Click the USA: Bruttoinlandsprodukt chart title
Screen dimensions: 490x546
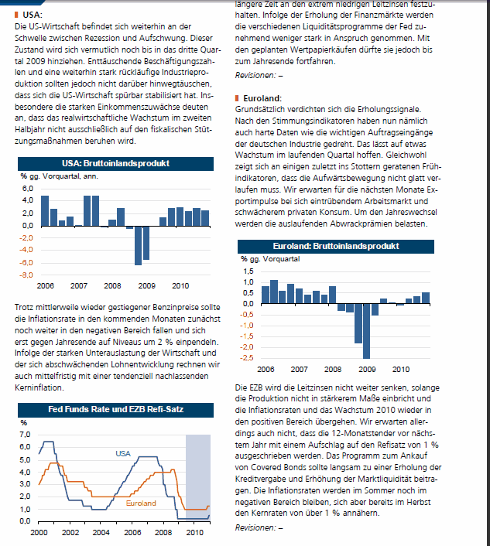pyautogui.click(x=115, y=164)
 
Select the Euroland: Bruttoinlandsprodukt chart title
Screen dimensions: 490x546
pyautogui.click(x=336, y=246)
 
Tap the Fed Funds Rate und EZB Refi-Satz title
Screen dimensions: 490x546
pyautogui.click(x=115, y=410)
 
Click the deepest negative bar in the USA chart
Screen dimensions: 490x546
pyautogui.click(x=138, y=246)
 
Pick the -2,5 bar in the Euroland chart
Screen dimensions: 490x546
pyautogui.click(x=366, y=331)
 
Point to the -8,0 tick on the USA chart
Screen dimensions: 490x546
pyautogui.click(x=26, y=275)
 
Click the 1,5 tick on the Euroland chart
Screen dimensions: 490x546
pyautogui.click(x=248, y=271)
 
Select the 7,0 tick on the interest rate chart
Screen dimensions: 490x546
pyautogui.click(x=25, y=435)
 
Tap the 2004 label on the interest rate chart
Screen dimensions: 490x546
pyautogui.click(x=101, y=532)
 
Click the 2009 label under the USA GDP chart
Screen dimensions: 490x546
pyautogui.click(x=147, y=286)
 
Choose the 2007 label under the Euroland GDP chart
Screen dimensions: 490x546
pyautogui.click(x=300, y=370)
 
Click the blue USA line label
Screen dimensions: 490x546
pyautogui.click(x=123, y=454)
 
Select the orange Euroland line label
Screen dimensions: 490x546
pyautogui.click(x=141, y=503)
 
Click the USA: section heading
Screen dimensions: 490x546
pyautogui.click(x=33, y=15)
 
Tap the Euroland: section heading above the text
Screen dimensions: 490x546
pyautogui.click(x=262, y=98)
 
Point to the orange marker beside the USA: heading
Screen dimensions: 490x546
pyautogui.click(x=16, y=15)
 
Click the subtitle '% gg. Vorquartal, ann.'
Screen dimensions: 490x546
pyautogui.click(x=60, y=176)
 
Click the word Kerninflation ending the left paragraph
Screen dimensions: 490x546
pyautogui.click(x=39, y=387)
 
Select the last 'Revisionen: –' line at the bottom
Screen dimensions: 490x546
pyautogui.click(x=259, y=528)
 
